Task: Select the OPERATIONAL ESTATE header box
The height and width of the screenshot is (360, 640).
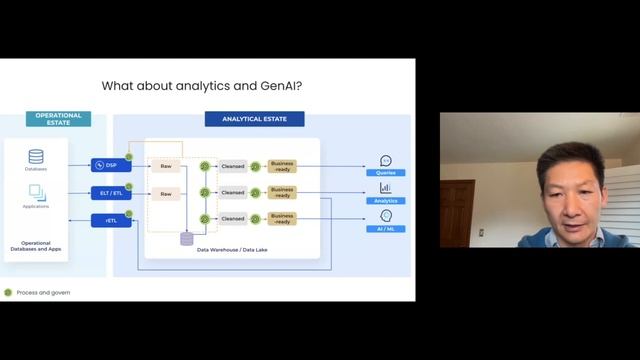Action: [58, 118]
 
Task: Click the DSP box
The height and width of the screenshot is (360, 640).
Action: [111, 165]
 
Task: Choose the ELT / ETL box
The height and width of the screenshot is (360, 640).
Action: [111, 193]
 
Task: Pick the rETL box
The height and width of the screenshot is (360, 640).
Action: [111, 220]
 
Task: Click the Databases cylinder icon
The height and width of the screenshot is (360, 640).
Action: [36, 157]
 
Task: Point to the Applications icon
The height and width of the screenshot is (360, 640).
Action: [36, 191]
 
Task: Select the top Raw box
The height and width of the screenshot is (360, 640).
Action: [166, 166]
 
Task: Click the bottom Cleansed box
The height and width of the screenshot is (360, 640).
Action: [233, 218]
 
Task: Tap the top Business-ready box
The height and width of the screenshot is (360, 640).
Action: [282, 166]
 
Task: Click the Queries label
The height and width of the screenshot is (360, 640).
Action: [385, 173]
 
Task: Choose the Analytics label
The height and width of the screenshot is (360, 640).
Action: [385, 200]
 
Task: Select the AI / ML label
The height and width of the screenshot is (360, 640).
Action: [385, 228]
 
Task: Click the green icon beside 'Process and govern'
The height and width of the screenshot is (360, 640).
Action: [8, 292]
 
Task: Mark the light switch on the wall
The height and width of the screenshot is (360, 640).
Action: [481, 232]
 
